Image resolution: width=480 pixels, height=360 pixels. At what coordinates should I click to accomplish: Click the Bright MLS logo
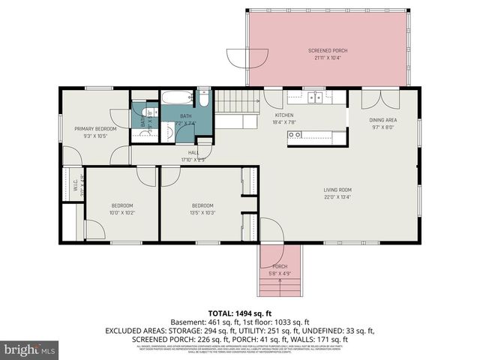(x=30, y=349)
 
